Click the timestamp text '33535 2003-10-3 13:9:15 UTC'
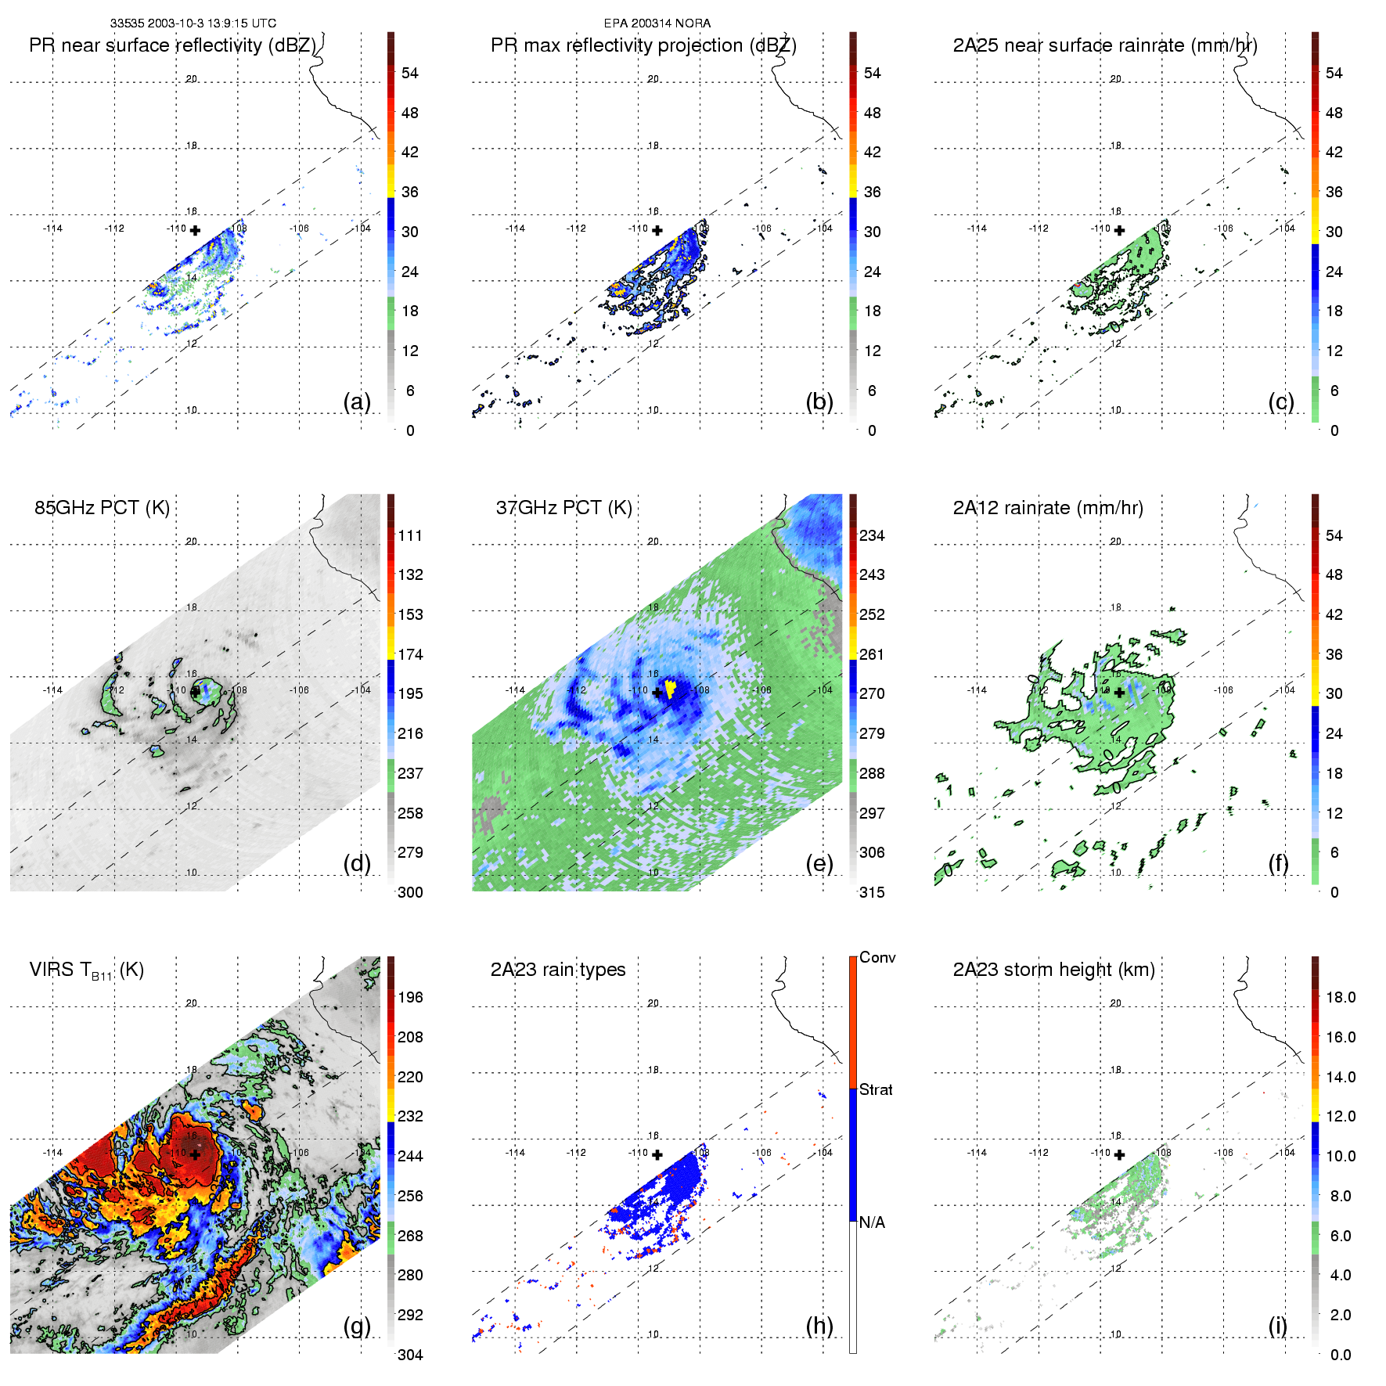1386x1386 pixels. (193, 23)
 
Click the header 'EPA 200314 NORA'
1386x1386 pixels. (657, 23)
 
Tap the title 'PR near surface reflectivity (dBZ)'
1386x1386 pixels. (172, 45)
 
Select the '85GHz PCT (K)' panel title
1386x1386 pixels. (102, 508)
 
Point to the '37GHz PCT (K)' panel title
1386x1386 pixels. (563, 508)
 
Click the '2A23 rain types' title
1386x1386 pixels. (558, 970)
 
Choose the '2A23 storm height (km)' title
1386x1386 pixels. (1053, 970)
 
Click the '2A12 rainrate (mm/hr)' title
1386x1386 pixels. (1048, 508)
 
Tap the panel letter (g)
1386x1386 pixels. (357, 1326)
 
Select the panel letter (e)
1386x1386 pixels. (819, 863)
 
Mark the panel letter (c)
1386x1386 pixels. (1281, 401)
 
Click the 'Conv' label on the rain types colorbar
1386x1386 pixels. (877, 957)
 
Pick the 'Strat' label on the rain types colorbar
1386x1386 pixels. (876, 1089)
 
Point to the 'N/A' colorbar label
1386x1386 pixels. (872, 1222)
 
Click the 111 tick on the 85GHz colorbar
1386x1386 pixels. (410, 535)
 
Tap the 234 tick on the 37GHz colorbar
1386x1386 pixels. (872, 535)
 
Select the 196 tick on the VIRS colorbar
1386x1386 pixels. (410, 997)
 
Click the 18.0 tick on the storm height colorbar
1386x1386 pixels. (1341, 997)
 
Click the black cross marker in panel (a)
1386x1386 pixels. (195, 230)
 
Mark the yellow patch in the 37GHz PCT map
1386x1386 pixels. (670, 689)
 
